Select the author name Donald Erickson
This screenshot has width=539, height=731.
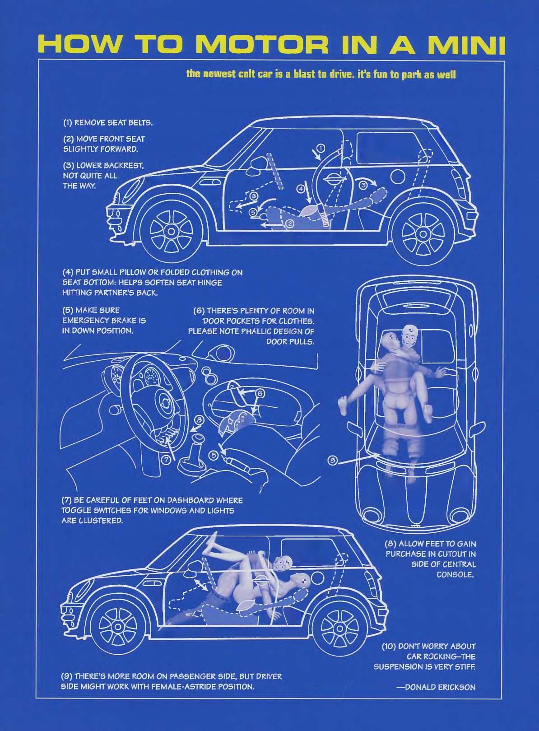[x=436, y=687]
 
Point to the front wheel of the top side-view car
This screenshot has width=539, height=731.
[x=171, y=232]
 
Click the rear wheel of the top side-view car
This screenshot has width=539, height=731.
[x=423, y=234]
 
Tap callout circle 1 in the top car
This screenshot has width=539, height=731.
[x=320, y=148]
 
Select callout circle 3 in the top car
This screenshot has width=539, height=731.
[x=362, y=184]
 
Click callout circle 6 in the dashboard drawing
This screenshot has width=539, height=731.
[x=260, y=393]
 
